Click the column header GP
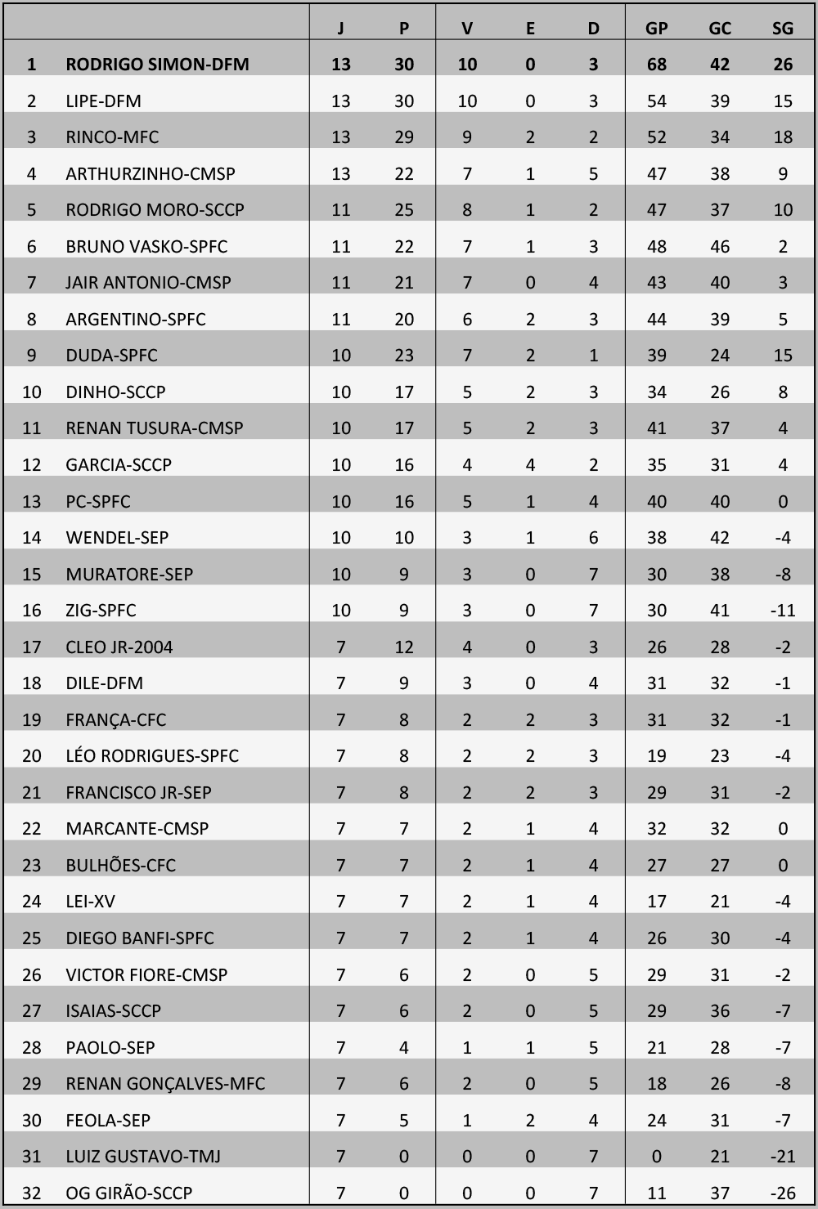656,29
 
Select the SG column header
782,29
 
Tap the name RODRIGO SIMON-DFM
157,65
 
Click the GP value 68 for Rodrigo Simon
656,65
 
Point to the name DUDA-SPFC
111,356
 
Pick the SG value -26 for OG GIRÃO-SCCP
782,1193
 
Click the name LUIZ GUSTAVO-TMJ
143,1157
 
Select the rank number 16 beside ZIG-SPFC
31,611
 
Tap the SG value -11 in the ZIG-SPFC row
782,611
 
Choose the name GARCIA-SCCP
119,465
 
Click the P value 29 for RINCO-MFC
404,137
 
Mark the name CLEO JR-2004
119,647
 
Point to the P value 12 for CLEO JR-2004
404,647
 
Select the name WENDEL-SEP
117,538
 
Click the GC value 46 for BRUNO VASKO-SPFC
719,247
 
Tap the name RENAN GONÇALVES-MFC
165,1084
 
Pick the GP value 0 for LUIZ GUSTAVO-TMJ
656,1157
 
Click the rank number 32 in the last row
31,1193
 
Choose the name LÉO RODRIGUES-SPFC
152,756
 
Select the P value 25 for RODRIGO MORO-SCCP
404,210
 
